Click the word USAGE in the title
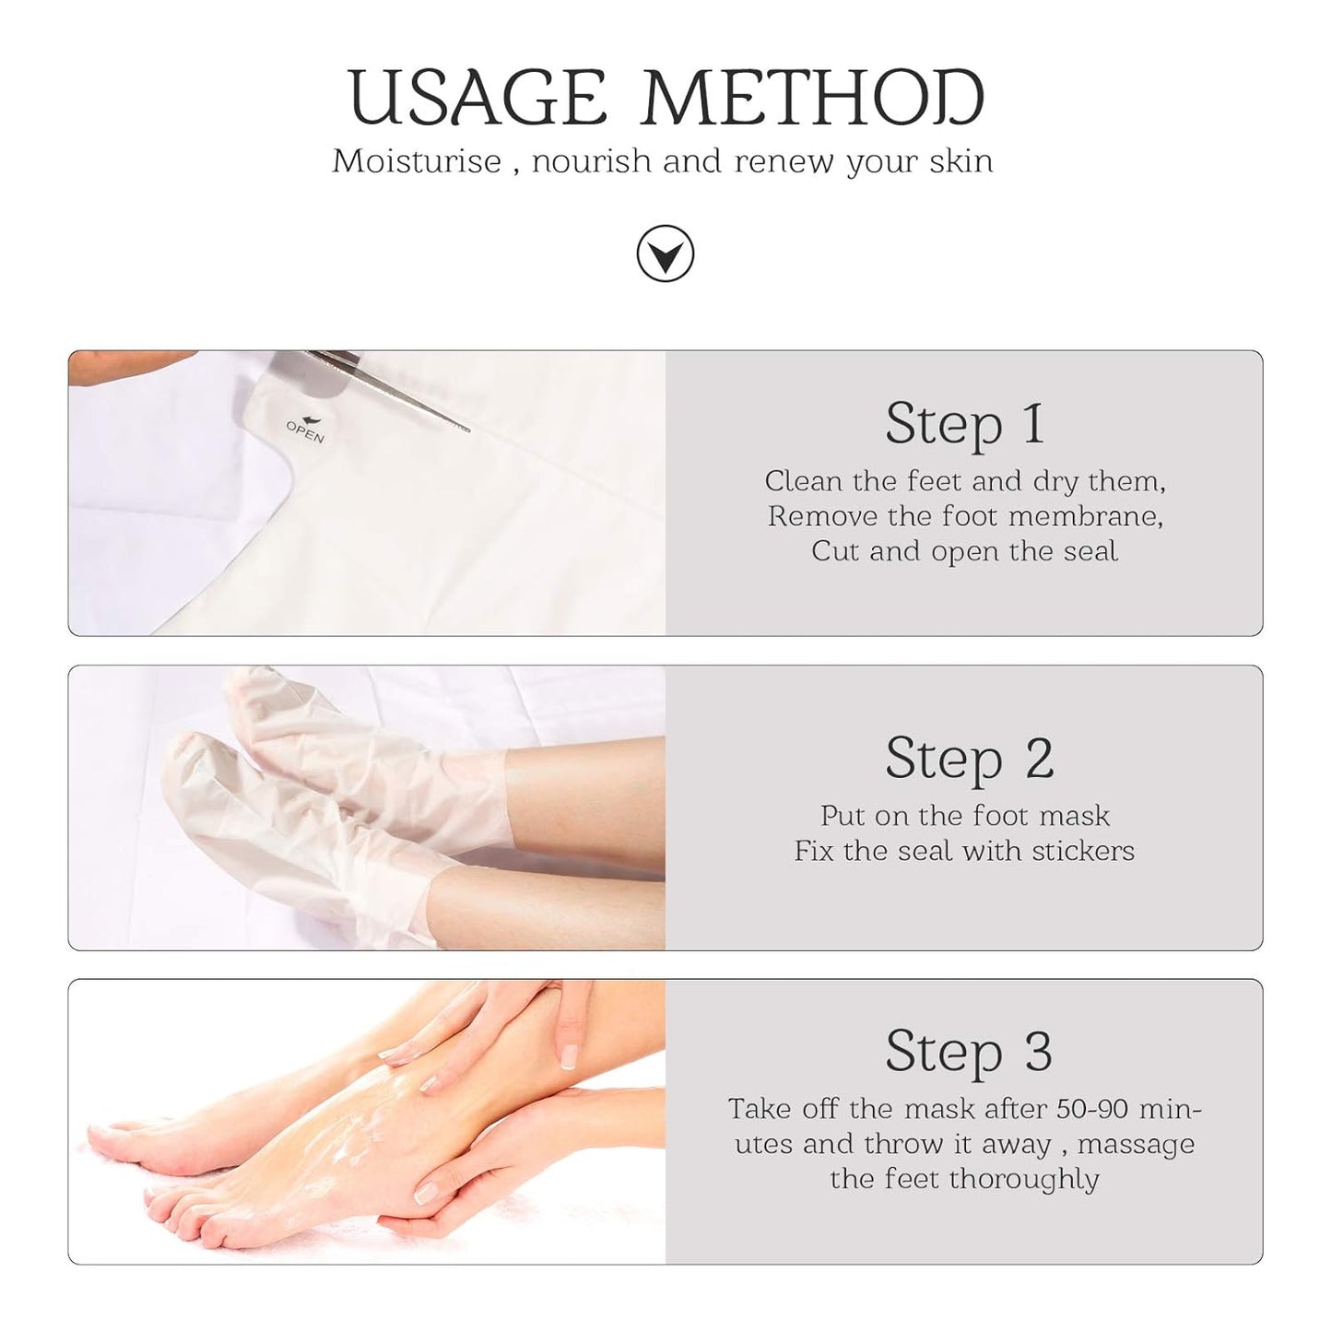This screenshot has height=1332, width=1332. click(477, 98)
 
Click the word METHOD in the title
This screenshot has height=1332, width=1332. click(813, 98)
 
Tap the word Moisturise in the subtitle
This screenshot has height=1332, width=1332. click(417, 161)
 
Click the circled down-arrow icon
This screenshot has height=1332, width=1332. click(665, 253)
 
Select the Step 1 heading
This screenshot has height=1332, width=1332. click(964, 423)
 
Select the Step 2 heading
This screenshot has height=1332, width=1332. click(968, 758)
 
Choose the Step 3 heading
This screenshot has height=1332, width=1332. click(968, 1051)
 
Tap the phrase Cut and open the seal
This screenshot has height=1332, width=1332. click(964, 551)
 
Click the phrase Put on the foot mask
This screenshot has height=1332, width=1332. click(964, 816)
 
